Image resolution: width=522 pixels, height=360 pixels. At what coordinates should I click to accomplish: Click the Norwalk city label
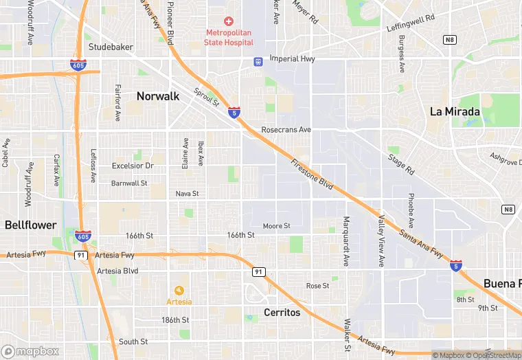tap(158, 96)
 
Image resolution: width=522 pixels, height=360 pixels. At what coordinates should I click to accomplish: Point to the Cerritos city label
tap(282, 313)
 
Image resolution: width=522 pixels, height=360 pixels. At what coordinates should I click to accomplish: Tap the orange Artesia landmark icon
tap(179, 290)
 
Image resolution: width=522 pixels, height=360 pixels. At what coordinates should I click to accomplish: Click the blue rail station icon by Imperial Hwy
tap(258, 61)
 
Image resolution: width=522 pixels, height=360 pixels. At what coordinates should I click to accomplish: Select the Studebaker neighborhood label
tap(110, 47)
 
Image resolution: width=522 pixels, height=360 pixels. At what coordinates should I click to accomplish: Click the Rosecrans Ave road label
tap(286, 129)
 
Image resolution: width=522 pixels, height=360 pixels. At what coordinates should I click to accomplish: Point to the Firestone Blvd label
tap(312, 176)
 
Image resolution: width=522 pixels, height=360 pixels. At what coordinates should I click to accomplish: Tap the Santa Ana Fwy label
tap(422, 243)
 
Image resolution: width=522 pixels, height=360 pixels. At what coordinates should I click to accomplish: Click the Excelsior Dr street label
tap(133, 166)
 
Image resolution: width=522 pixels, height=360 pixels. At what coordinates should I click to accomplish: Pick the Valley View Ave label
tap(381, 240)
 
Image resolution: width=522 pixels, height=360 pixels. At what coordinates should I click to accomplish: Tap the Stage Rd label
tap(402, 165)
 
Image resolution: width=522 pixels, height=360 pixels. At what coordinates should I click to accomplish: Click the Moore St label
tap(277, 225)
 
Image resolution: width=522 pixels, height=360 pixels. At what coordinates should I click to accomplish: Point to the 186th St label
tap(175, 320)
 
